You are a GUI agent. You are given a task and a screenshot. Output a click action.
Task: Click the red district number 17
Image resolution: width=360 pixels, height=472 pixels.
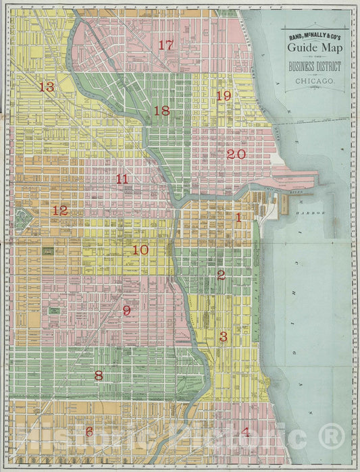pos(165,45)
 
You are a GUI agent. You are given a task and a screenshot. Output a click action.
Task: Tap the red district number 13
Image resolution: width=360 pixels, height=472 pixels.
pos(46,87)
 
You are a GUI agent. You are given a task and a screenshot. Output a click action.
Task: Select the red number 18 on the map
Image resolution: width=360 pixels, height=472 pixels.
pos(161,111)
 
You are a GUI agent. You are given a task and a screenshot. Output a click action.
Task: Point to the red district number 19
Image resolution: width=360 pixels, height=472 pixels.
pos(224,96)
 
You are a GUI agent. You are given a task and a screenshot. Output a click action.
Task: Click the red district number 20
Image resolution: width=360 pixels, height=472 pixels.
pos(236,154)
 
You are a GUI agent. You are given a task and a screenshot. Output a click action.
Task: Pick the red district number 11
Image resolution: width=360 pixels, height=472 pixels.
pos(122,179)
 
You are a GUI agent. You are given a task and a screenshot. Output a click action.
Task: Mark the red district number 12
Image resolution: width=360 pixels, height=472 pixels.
pos(60,210)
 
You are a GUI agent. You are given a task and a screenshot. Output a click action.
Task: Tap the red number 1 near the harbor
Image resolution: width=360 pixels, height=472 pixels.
pos(238,217)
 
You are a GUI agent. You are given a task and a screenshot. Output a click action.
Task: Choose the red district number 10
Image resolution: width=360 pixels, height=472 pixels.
pos(140,250)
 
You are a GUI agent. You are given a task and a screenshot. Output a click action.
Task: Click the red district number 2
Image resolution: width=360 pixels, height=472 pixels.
pos(222,275)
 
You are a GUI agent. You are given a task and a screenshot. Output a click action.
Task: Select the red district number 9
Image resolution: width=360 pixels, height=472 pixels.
pos(126,311)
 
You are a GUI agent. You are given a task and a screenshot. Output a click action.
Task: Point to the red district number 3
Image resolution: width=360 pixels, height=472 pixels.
pos(224,336)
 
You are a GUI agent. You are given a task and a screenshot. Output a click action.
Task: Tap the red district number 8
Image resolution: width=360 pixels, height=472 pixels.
pos(99,376)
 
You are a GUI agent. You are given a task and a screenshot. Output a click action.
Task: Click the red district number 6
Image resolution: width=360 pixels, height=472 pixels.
pos(89,431)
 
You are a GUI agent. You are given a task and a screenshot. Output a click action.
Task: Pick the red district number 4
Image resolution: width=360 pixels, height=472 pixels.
pos(245,432)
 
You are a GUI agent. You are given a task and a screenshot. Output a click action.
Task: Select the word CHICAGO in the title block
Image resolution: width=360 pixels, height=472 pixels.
pos(315,80)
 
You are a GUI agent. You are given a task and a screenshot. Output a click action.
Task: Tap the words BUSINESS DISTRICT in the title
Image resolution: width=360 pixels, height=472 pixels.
pos(315,66)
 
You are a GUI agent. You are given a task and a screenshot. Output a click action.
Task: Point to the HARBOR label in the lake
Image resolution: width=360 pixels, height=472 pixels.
pos(313,213)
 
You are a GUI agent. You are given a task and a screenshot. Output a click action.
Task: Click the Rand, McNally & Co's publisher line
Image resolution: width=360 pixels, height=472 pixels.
pos(315,36)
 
